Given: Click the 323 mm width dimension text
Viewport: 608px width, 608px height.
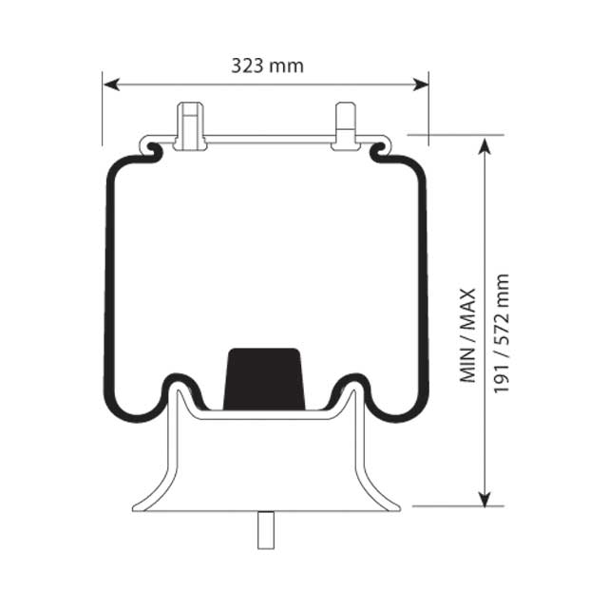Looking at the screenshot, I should click(x=267, y=66).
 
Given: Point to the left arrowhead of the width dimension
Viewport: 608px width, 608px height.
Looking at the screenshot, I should click(x=109, y=85).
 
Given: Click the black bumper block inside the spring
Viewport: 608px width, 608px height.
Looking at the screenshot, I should click(x=264, y=379).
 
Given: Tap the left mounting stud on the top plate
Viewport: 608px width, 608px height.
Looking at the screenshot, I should click(x=190, y=125).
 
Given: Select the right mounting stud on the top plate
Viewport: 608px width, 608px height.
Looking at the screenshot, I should click(x=345, y=126).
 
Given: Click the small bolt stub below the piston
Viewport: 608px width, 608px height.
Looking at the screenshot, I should click(x=265, y=529).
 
